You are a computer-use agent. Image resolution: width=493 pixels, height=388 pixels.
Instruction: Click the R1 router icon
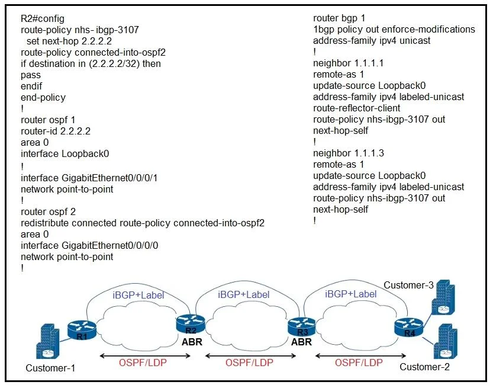tap(82, 331)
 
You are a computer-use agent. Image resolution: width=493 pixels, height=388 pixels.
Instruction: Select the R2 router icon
tap(191, 325)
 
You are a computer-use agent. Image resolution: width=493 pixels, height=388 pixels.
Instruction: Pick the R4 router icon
tap(409, 328)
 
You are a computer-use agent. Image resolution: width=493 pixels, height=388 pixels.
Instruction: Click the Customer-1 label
tap(50, 368)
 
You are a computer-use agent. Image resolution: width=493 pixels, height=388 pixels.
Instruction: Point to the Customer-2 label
tap(424, 367)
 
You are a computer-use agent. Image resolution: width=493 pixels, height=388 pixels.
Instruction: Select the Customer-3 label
tap(408, 285)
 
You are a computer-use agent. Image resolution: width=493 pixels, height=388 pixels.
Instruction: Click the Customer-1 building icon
tap(47, 341)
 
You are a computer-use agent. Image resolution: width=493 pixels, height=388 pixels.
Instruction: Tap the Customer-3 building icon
tap(443, 297)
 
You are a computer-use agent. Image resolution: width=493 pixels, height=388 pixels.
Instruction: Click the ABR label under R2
tap(192, 342)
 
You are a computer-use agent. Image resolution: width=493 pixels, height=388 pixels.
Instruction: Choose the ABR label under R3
tap(301, 342)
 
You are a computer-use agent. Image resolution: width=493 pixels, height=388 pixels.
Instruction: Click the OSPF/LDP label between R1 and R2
tap(143, 363)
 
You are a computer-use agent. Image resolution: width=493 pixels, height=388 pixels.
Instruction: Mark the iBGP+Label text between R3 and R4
tap(350, 294)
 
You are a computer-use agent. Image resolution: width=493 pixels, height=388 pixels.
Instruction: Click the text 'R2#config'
tap(43, 18)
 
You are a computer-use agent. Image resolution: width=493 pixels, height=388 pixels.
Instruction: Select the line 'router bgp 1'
tap(339, 18)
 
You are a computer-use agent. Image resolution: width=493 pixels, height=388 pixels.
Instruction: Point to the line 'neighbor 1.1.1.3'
tap(349, 153)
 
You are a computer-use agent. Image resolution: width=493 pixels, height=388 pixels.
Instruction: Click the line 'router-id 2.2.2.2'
tap(56, 132)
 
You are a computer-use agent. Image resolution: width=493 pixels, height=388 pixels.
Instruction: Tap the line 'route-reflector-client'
tap(356, 108)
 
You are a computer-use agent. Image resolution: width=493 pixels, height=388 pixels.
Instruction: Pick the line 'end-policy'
tap(43, 98)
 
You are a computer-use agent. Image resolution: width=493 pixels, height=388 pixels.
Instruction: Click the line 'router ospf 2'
tap(48, 212)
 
